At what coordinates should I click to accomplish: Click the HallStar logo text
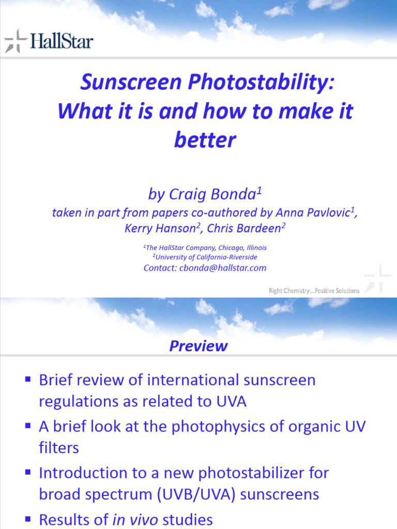(62, 40)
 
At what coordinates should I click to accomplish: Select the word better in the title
(205, 139)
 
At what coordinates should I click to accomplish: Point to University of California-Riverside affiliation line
(205, 257)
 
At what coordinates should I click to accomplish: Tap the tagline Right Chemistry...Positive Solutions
(314, 291)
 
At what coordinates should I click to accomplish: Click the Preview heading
(198, 346)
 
